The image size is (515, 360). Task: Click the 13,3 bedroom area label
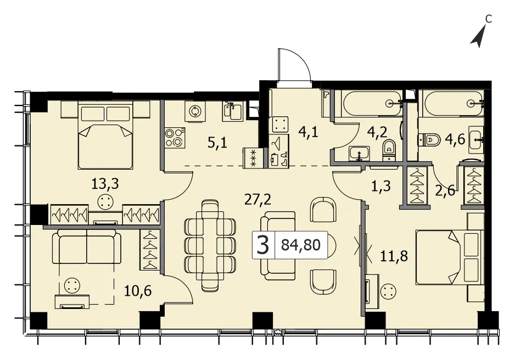[x=105, y=184]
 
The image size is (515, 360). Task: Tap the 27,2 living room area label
[x=258, y=199]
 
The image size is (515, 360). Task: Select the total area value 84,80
[x=300, y=245]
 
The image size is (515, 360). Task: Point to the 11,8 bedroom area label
[x=394, y=255]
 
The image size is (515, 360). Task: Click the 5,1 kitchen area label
[x=217, y=143]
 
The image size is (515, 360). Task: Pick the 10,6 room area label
[x=138, y=291]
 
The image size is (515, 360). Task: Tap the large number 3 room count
[x=263, y=245]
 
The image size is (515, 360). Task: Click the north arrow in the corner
[x=478, y=38]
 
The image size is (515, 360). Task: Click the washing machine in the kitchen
[x=194, y=111]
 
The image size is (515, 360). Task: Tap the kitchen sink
[x=233, y=111]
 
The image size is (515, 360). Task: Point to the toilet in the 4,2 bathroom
[x=389, y=149]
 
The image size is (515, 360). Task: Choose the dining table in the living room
[x=210, y=245]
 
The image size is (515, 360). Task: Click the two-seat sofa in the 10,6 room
[x=87, y=246]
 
